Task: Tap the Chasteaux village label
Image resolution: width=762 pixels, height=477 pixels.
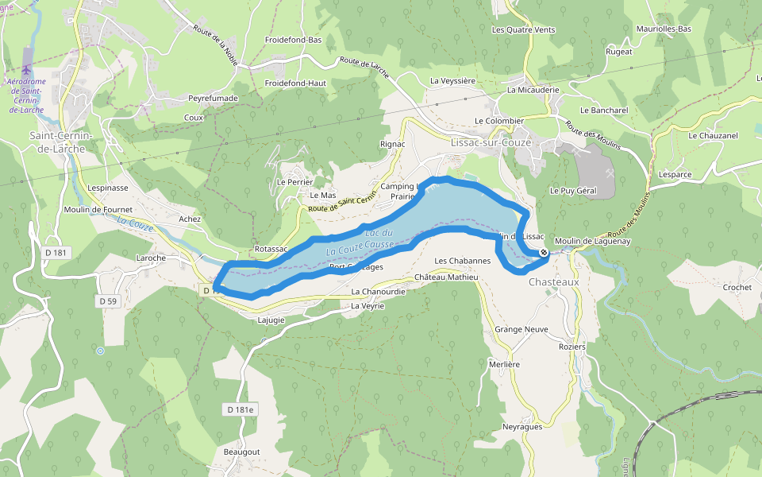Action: click(554, 281)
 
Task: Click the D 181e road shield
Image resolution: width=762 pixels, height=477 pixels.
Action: click(241, 409)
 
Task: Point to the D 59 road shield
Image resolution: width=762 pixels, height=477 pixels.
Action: click(108, 301)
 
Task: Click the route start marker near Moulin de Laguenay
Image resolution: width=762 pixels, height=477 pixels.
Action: click(544, 253)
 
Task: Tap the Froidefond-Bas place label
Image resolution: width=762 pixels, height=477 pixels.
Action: click(293, 39)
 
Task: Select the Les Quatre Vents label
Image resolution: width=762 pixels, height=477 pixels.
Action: click(523, 30)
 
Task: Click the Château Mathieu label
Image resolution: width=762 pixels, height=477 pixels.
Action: click(447, 277)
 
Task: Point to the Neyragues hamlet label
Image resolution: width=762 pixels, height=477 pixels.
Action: click(522, 427)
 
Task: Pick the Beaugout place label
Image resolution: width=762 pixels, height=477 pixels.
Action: click(241, 452)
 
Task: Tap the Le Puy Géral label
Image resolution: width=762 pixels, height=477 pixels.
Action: click(573, 191)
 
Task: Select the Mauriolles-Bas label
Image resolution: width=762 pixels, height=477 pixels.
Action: click(664, 29)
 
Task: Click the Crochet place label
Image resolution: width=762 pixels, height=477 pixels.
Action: click(737, 287)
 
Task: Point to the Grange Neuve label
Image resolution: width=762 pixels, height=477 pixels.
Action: click(521, 328)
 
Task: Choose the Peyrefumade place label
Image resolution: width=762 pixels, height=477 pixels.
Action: click(213, 98)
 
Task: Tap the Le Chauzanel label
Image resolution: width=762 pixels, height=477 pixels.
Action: click(713, 136)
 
